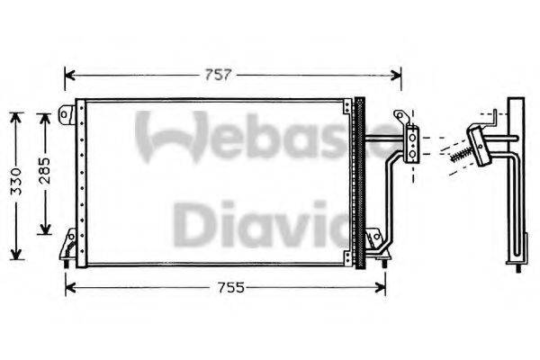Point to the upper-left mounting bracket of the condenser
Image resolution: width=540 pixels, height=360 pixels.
click(68, 114)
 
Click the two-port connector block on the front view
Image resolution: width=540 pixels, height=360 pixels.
click(413, 144)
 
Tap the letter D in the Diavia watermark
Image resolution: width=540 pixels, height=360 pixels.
click(194, 225)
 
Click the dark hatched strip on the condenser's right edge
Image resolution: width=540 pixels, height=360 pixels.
click(361, 180)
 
